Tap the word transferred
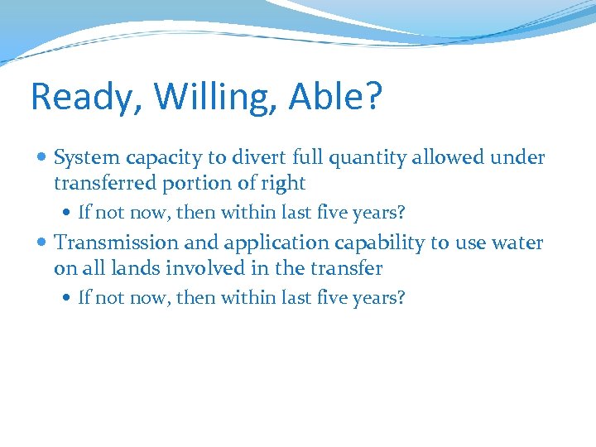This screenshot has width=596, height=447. [x=101, y=183]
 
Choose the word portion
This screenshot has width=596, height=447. [x=192, y=183]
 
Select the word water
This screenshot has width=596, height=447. [x=518, y=243]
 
